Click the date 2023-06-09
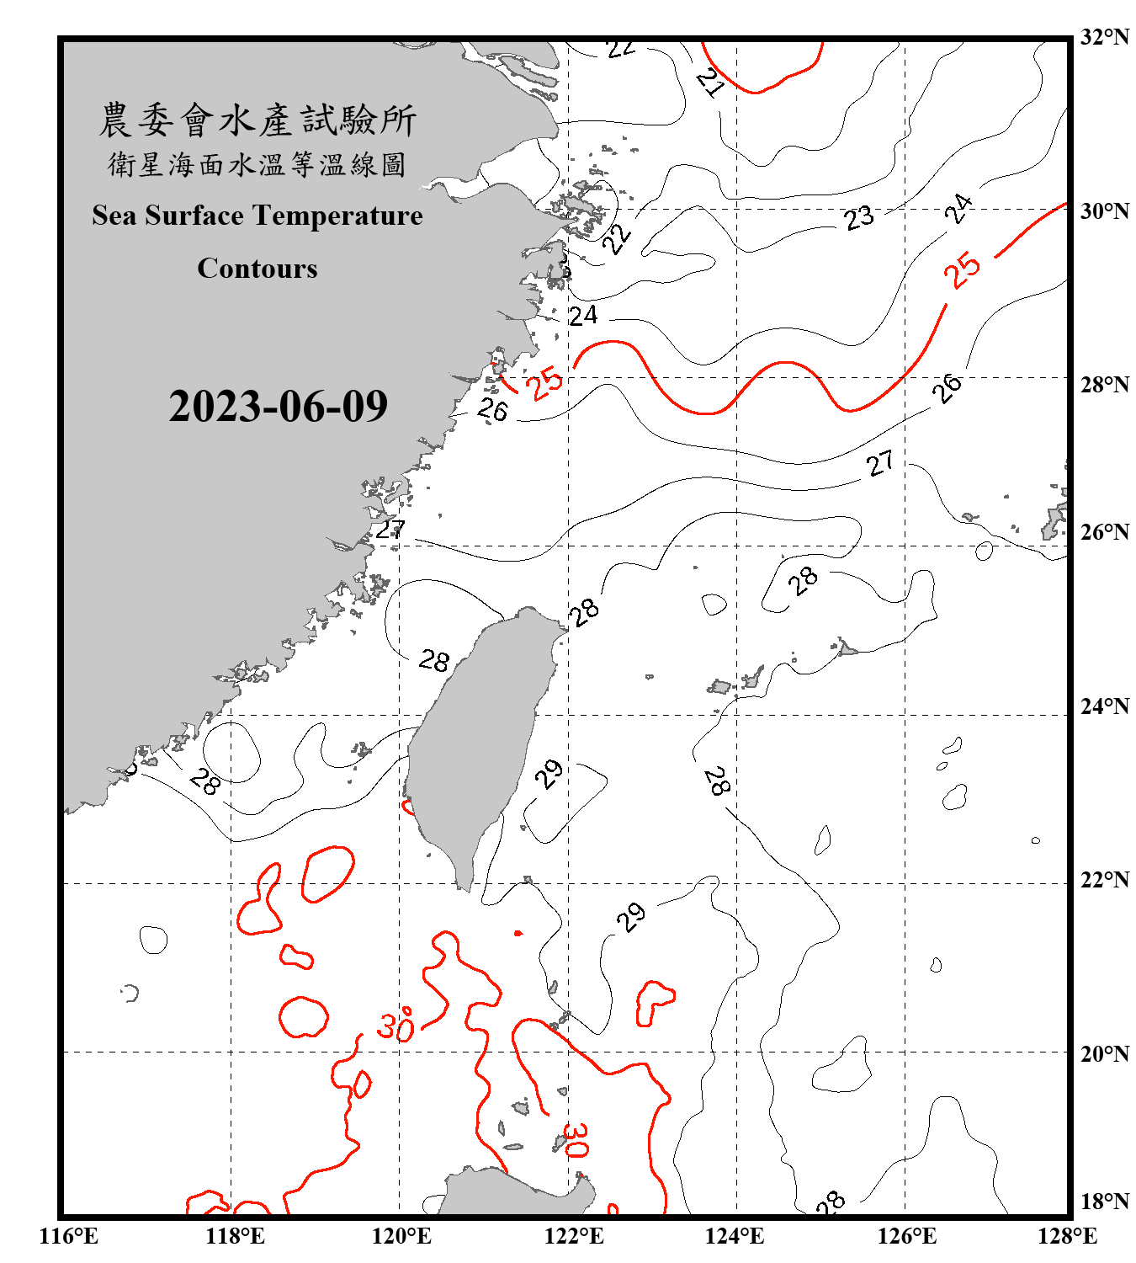[x=278, y=407]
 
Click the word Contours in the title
[x=257, y=269]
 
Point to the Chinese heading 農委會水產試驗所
[x=257, y=120]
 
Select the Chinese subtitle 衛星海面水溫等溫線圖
[x=257, y=164]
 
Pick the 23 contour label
[x=859, y=218]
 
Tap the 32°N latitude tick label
[x=1104, y=37]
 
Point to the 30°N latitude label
[x=1104, y=210]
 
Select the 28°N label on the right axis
[x=1104, y=384]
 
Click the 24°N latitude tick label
[x=1104, y=706]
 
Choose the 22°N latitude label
[x=1104, y=879]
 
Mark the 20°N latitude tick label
[x=1104, y=1052]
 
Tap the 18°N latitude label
[x=1104, y=1201]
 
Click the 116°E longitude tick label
[x=69, y=1236]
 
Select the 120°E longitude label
[x=401, y=1236]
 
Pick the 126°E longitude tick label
[x=906, y=1236]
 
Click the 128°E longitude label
[x=1067, y=1236]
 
